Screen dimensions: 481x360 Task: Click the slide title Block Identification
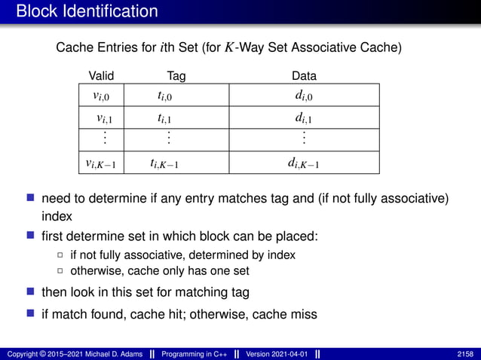[87, 12]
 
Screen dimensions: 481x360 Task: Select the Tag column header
[176, 75]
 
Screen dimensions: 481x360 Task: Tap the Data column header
[304, 75]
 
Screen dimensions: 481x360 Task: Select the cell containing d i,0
[304, 95]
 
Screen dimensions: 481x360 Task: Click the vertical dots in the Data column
[304, 139]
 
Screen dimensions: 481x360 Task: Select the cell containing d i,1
[304, 117]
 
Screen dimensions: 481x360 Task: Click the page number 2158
[465, 353]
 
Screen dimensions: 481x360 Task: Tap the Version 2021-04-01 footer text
[277, 353]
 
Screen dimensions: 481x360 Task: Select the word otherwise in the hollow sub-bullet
[94, 271]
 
